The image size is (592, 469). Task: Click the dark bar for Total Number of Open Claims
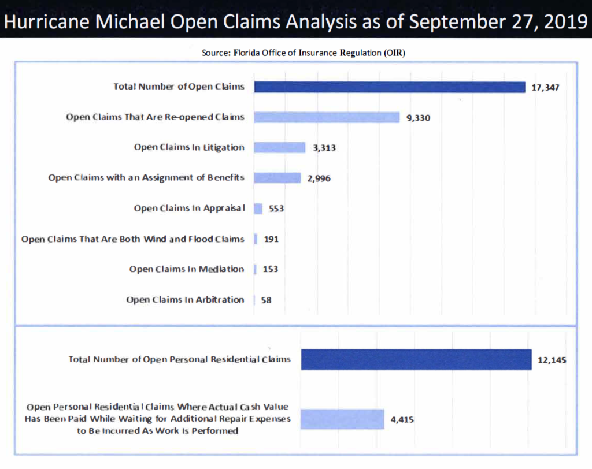[x=389, y=87]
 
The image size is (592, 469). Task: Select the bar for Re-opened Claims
[x=327, y=117]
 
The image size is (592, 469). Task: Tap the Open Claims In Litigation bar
[x=280, y=147]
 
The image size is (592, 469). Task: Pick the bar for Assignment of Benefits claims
[x=277, y=178]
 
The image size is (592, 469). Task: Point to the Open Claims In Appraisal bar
[x=258, y=208]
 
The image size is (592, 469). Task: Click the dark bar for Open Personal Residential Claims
[x=416, y=359]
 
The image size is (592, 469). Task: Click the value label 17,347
[x=546, y=88]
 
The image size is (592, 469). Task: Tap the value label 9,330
[x=419, y=118]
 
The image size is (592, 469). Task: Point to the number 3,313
[x=324, y=148]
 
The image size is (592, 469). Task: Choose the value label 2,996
[x=319, y=178]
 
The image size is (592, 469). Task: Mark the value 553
[x=276, y=209]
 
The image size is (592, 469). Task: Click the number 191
[x=271, y=239]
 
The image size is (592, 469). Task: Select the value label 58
[x=267, y=300]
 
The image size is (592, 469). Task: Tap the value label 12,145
[x=552, y=360]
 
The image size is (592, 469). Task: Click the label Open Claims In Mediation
[x=187, y=269]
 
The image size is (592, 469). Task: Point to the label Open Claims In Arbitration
[x=185, y=300]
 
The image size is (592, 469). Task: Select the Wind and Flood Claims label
[x=133, y=239]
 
